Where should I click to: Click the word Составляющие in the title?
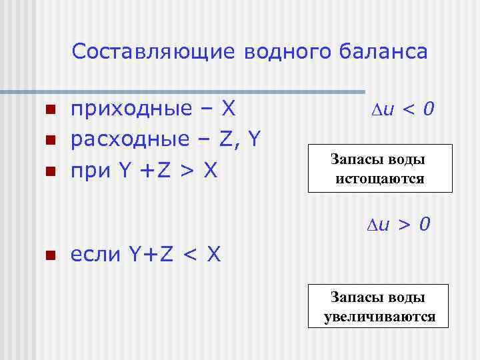(154, 52)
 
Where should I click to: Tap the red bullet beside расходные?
(49, 141)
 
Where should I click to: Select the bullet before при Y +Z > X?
(49, 172)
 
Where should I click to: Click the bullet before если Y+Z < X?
(49, 255)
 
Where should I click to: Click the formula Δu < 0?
(401, 108)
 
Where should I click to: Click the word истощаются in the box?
(380, 179)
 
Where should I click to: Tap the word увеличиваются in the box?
(379, 317)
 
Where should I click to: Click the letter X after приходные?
(229, 108)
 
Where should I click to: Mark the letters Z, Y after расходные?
(241, 139)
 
